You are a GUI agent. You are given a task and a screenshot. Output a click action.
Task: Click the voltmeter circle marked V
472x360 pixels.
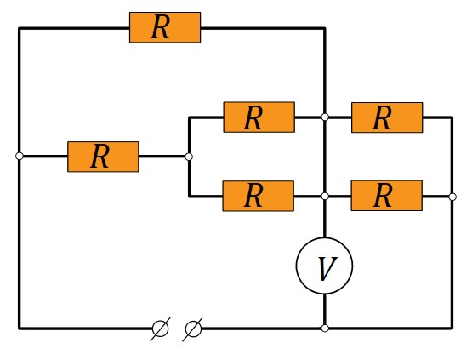(325, 266)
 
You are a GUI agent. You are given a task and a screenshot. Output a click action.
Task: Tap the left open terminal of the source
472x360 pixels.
(160, 329)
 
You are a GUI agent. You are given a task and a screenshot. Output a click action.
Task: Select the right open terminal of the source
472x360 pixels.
(193, 329)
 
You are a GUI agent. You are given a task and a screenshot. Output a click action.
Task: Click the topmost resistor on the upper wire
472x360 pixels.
(165, 27)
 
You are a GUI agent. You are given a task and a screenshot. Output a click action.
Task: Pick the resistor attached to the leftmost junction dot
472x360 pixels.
(103, 157)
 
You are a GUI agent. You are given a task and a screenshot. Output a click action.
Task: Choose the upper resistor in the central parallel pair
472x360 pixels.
(259, 117)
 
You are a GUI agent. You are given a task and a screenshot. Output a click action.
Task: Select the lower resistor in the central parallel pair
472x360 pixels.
(259, 196)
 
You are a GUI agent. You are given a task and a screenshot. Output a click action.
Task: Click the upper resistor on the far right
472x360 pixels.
(387, 117)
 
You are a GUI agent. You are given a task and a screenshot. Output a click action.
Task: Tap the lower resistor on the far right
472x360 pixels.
(387, 196)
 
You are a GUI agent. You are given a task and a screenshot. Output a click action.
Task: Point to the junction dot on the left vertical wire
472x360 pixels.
(20, 156)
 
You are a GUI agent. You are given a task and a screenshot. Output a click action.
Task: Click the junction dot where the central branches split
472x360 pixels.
(189, 157)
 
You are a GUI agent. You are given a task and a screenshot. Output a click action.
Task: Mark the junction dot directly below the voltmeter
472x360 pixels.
(325, 328)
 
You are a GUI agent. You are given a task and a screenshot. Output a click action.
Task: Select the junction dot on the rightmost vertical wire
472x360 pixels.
(452, 197)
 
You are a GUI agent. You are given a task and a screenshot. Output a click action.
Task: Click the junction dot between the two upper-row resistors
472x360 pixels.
(325, 117)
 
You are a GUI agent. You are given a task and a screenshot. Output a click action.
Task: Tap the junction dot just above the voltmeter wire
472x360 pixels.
(325, 196)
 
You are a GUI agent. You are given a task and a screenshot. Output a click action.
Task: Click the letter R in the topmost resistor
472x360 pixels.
(161, 27)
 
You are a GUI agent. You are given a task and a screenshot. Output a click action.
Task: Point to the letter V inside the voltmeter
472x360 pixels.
(327, 269)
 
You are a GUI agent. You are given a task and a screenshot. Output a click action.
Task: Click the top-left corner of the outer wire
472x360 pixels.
(20, 28)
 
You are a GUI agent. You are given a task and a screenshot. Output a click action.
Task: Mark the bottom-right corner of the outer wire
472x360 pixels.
(452, 328)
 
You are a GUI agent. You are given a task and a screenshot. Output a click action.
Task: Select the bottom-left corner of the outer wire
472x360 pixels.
(20, 329)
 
